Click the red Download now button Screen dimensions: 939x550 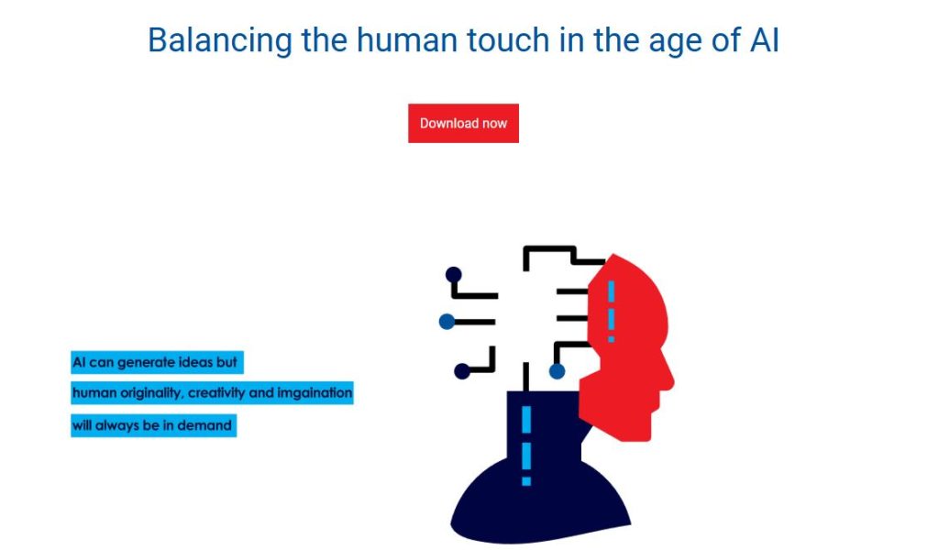click(463, 123)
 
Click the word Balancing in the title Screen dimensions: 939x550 click(220, 41)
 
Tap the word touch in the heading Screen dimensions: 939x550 click(508, 40)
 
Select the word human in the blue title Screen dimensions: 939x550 click(407, 40)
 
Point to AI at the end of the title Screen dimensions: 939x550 click(765, 40)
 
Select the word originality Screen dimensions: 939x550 click(153, 393)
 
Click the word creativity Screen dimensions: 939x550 click(216, 393)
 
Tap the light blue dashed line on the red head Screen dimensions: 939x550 click(611, 311)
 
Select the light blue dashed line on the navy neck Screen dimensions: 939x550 click(526, 445)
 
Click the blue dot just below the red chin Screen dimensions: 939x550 click(557, 371)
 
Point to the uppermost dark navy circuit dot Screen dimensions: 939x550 click(453, 275)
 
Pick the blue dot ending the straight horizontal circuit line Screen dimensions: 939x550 click(447, 322)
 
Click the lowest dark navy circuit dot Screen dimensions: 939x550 click(462, 371)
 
